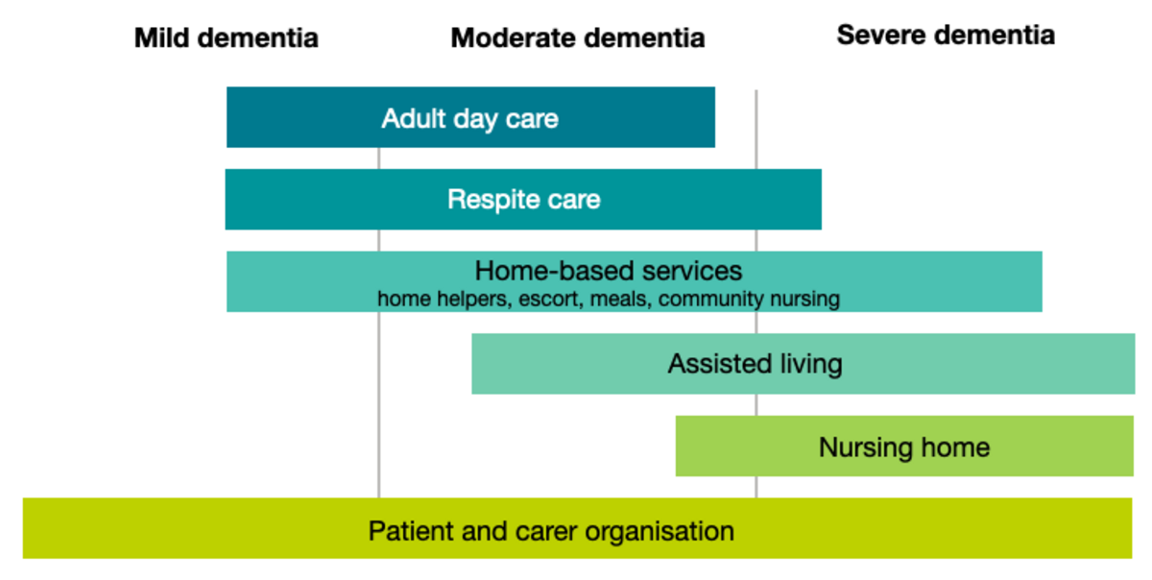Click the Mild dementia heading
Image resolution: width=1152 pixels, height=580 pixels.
tap(227, 38)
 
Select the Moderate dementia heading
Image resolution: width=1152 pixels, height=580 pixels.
tap(578, 38)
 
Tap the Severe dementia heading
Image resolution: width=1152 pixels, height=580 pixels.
tap(946, 35)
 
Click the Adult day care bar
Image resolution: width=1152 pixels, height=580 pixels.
tap(470, 117)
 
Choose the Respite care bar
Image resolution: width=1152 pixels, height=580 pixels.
tap(523, 199)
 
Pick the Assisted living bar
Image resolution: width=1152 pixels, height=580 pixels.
tap(803, 364)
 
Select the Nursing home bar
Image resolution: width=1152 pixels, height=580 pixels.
tap(904, 447)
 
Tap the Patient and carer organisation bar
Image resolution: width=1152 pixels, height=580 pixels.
tap(577, 528)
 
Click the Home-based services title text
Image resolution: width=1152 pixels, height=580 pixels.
tap(609, 271)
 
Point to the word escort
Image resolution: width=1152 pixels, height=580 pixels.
tap(551, 299)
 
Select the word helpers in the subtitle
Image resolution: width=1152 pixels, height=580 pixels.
tap(474, 300)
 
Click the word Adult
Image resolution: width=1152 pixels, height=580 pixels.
tap(414, 118)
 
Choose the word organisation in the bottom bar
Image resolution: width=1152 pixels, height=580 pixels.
tap(660, 531)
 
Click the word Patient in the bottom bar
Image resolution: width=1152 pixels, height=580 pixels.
tap(412, 531)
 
